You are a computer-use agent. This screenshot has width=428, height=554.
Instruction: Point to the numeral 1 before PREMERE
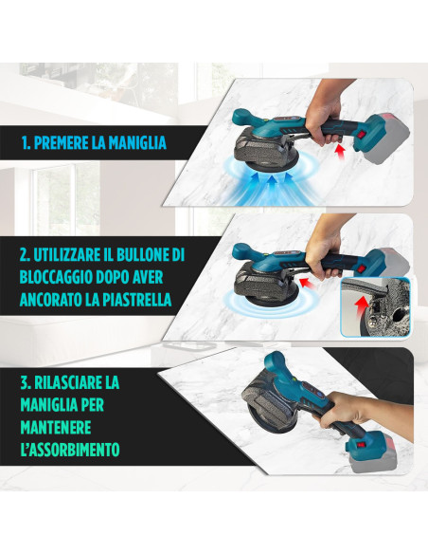point(25,143)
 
